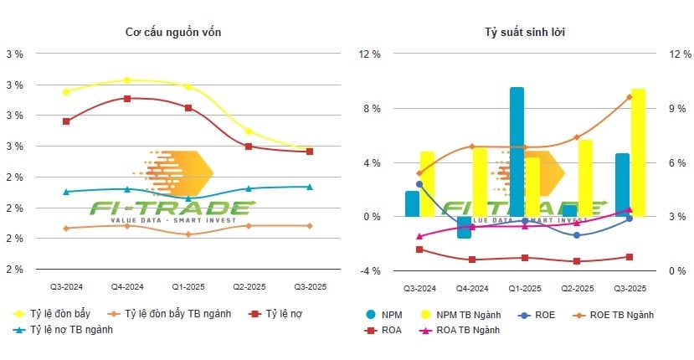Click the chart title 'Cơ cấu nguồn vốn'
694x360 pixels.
click(173, 32)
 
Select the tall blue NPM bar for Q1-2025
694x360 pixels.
click(517, 151)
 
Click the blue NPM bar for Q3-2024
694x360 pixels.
click(412, 203)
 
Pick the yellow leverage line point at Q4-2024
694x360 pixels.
click(126, 80)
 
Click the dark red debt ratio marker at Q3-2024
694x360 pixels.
click(66, 121)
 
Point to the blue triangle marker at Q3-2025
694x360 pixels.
click(309, 187)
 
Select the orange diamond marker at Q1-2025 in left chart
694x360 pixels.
click(188, 234)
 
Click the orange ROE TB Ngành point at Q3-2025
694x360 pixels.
click(630, 96)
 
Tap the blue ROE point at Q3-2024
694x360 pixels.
click(419, 184)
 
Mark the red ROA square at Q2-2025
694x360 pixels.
click(577, 261)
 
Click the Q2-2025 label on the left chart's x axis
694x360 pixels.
click(249, 287)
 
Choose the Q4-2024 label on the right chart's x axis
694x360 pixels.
click(472, 287)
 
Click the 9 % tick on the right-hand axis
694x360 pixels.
click(678, 109)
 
